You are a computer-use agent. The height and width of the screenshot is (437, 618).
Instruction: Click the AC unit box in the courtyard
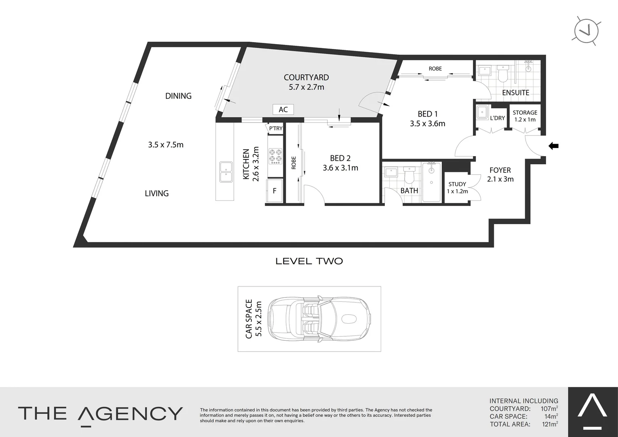[283, 109]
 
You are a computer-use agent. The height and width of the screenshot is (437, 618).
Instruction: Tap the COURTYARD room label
[306, 77]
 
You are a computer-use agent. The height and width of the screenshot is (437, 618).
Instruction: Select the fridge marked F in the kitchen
[274, 191]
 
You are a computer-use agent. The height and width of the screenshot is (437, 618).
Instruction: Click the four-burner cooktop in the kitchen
[276, 156]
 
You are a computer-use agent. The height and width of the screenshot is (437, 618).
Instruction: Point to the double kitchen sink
[226, 172]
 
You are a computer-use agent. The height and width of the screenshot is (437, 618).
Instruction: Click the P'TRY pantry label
[276, 128]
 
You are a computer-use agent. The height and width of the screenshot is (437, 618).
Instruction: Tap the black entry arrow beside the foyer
[553, 146]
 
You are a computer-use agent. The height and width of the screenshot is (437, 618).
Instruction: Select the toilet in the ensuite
[503, 74]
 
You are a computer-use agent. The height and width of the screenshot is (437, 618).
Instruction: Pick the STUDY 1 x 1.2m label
[457, 188]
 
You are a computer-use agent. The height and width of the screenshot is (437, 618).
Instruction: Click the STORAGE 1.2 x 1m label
[525, 116]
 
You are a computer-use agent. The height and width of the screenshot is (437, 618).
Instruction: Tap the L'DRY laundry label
[497, 118]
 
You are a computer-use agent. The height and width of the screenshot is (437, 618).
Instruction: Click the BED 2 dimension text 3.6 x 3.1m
[340, 168]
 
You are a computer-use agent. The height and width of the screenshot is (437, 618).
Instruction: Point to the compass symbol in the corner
[586, 31]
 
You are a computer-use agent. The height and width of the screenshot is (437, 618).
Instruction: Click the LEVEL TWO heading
[309, 261]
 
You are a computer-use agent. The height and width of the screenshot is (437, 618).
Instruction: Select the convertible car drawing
[319, 318]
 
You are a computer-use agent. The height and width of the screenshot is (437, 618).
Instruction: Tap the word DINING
[178, 96]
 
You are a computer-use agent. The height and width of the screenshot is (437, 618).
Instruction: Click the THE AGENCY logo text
[100, 414]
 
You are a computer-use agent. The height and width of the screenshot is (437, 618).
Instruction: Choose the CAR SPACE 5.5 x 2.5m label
[254, 318]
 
